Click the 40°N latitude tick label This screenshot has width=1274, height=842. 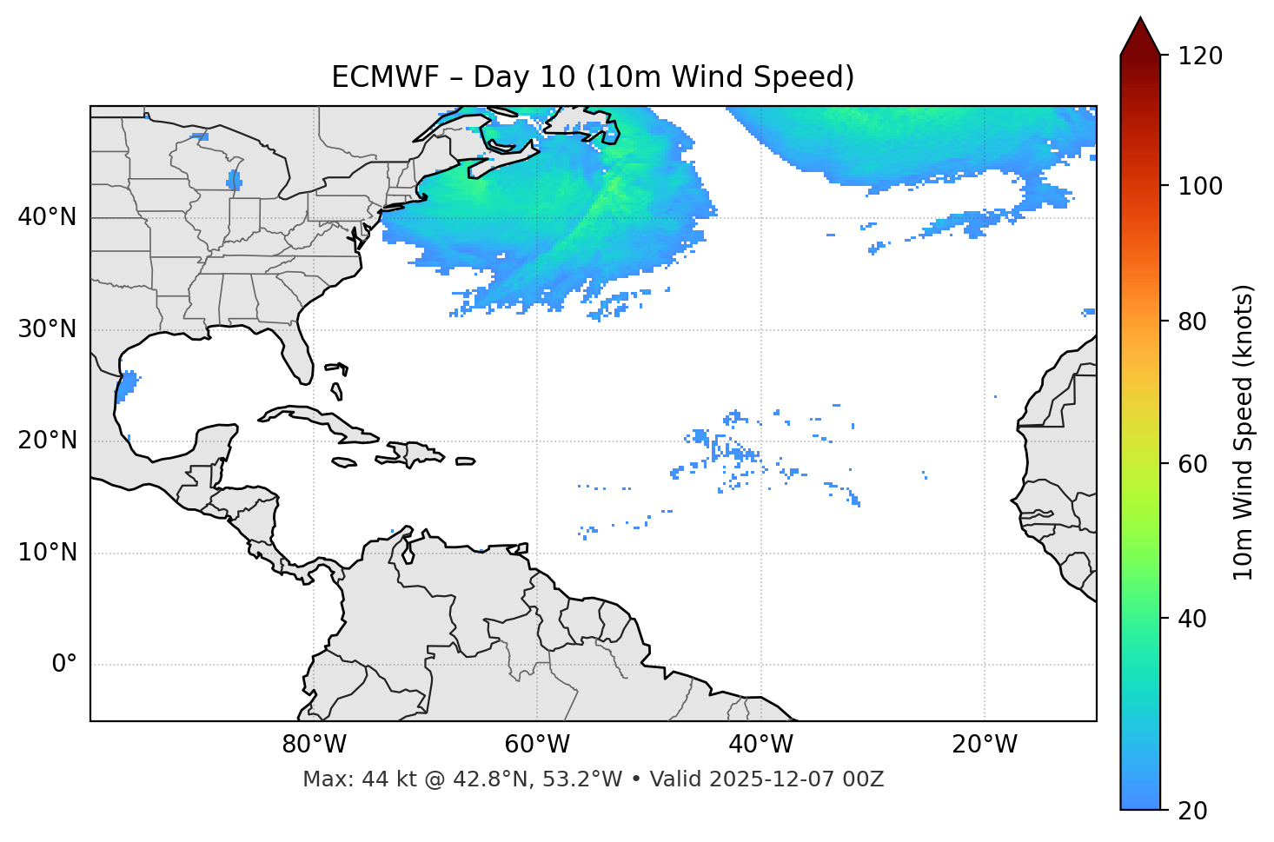tap(47, 217)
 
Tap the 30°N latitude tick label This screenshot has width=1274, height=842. tap(47, 329)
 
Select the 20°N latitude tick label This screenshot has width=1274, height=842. tap(47, 441)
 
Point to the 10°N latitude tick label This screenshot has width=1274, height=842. tap(47, 553)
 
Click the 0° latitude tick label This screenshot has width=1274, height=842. tap(64, 665)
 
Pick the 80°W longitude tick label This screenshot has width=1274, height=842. tap(314, 745)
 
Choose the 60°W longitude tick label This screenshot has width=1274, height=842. tap(537, 745)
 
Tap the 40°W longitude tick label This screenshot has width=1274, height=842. tap(761, 745)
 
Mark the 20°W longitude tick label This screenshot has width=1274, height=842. tap(985, 745)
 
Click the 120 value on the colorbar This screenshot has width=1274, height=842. tap(1200, 56)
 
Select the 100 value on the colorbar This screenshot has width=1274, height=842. tap(1200, 186)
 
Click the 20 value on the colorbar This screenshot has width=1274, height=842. tap(1193, 811)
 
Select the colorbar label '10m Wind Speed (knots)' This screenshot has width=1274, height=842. tap(1244, 433)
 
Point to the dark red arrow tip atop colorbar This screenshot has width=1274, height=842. tap(1140, 35)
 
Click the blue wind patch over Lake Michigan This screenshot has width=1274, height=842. tap(234, 181)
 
